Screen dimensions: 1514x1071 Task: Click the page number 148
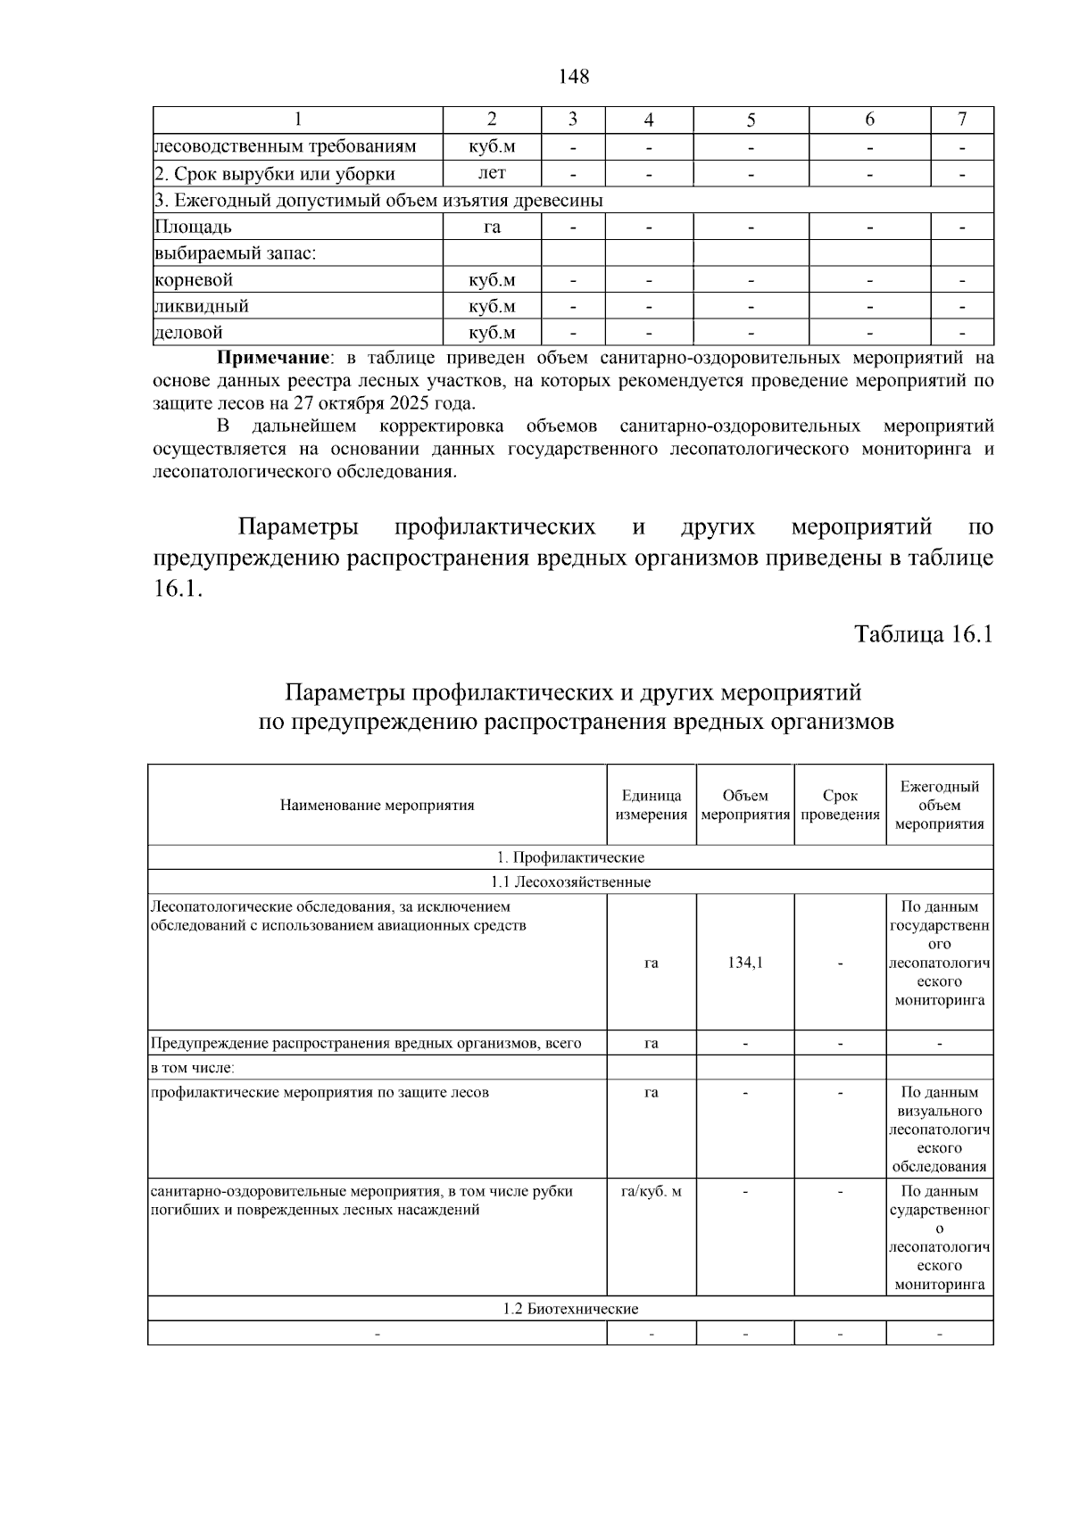[574, 77]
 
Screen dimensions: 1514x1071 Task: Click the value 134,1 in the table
[745, 963]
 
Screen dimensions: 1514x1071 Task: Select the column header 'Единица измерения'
[652, 805]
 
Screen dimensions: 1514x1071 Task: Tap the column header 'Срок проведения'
[840, 805]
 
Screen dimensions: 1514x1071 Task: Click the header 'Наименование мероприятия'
[377, 805]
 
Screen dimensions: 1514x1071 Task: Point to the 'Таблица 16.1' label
[923, 634]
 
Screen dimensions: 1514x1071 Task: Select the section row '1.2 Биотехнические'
[570, 1309]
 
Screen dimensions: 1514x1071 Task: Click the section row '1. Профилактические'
[570, 857]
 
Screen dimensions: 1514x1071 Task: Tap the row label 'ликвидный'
[201, 306]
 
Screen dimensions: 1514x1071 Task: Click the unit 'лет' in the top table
[492, 173]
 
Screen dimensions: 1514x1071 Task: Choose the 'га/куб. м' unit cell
[652, 1191]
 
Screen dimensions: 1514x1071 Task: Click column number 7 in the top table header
[962, 120]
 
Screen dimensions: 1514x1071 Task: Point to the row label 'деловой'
[188, 333]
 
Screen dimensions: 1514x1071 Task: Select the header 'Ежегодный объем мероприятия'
[939, 805]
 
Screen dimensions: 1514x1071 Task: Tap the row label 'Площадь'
[193, 227]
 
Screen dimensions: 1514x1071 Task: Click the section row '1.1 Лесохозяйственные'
[570, 881]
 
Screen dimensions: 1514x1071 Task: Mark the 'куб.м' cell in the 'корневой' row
[492, 280]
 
